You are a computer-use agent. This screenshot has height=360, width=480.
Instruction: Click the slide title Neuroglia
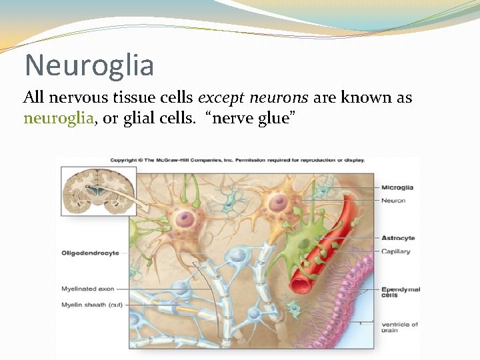click(x=89, y=65)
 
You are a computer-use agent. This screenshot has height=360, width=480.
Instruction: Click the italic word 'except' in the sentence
click(x=221, y=98)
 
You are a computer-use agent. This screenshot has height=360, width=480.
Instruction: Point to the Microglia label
click(x=398, y=187)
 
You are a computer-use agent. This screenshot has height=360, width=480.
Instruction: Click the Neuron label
click(x=393, y=200)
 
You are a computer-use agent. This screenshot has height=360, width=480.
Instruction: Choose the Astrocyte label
click(x=398, y=238)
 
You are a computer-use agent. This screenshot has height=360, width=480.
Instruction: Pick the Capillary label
click(x=396, y=251)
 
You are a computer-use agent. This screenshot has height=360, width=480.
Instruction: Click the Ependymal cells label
click(x=400, y=292)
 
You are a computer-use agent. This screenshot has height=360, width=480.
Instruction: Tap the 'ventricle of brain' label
click(x=399, y=327)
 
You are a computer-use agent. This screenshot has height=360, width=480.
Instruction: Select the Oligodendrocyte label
click(x=90, y=253)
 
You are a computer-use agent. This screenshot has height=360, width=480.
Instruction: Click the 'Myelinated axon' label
click(x=87, y=289)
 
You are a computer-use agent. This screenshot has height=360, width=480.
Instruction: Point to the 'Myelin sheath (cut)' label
click(x=91, y=305)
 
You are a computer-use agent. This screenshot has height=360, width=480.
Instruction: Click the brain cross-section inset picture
click(x=98, y=191)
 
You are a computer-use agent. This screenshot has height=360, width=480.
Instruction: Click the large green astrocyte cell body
click(x=303, y=247)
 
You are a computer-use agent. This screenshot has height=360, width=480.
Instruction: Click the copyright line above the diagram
click(x=237, y=160)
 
